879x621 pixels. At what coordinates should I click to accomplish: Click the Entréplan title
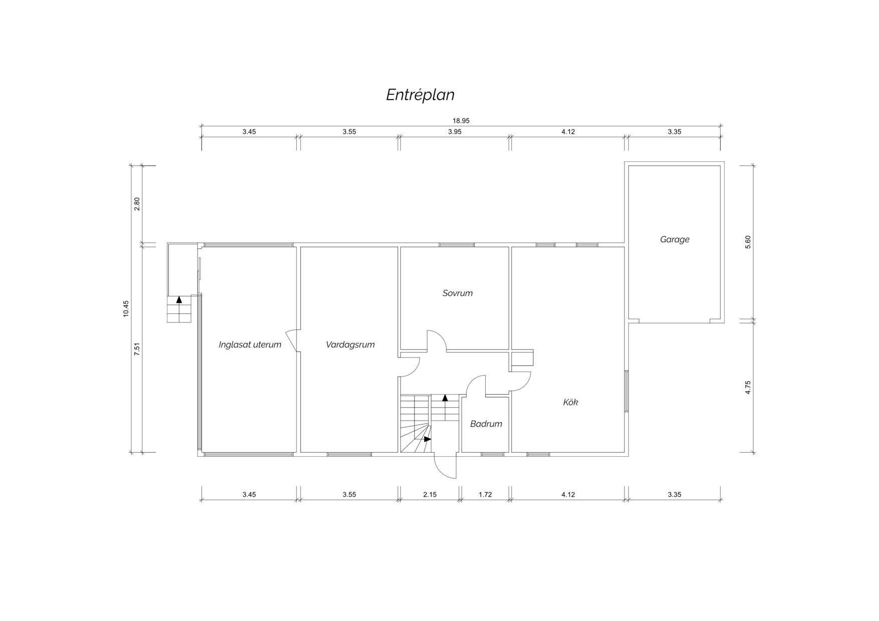click(420, 95)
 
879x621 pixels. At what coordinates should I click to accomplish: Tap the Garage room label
click(675, 239)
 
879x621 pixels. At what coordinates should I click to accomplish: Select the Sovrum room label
click(458, 293)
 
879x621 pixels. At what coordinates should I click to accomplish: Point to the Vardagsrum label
click(350, 345)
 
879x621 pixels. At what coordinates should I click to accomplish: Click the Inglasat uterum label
click(250, 345)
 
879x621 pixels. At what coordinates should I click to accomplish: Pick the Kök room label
click(570, 402)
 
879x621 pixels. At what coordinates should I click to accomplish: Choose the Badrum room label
click(486, 424)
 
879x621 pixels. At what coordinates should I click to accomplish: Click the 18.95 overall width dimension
click(461, 121)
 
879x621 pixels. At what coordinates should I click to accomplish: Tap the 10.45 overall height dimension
click(126, 308)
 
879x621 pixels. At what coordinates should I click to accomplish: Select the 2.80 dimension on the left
click(137, 204)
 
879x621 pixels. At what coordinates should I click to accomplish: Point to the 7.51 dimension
click(137, 349)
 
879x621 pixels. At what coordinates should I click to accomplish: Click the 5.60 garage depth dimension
click(748, 242)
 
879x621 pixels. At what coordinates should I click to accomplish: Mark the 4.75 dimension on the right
click(748, 388)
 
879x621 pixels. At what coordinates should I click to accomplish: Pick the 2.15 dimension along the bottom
click(430, 494)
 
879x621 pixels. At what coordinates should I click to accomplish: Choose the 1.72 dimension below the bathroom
click(485, 494)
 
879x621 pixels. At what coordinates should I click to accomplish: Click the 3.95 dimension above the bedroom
click(455, 132)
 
